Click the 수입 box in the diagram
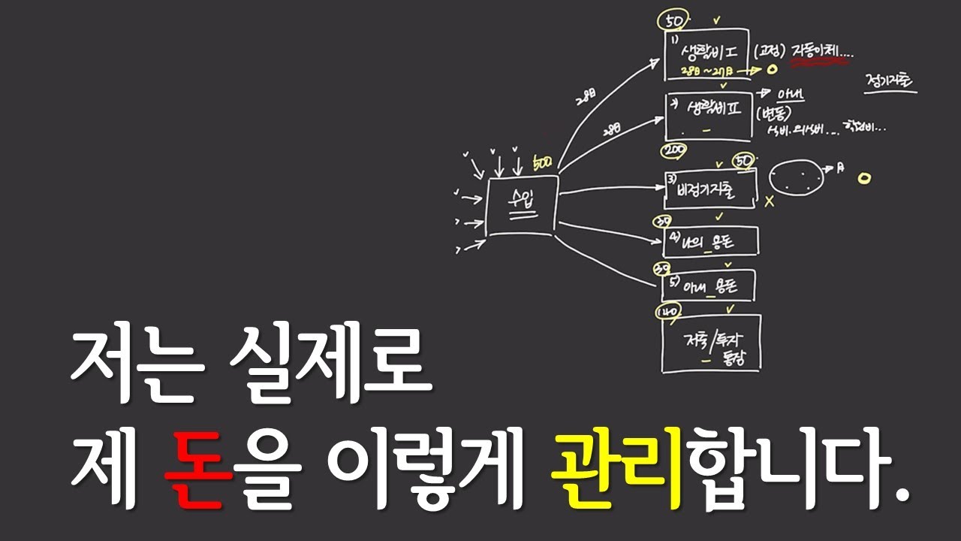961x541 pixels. (522, 204)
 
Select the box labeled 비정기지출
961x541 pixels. (709, 189)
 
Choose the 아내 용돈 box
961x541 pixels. (708, 285)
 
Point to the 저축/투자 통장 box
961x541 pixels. (710, 343)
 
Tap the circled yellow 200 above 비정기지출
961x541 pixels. (673, 151)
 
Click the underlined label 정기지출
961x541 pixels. (890, 81)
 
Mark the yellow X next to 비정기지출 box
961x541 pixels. (769, 201)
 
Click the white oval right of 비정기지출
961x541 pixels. (795, 177)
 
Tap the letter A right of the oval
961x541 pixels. (840, 168)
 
